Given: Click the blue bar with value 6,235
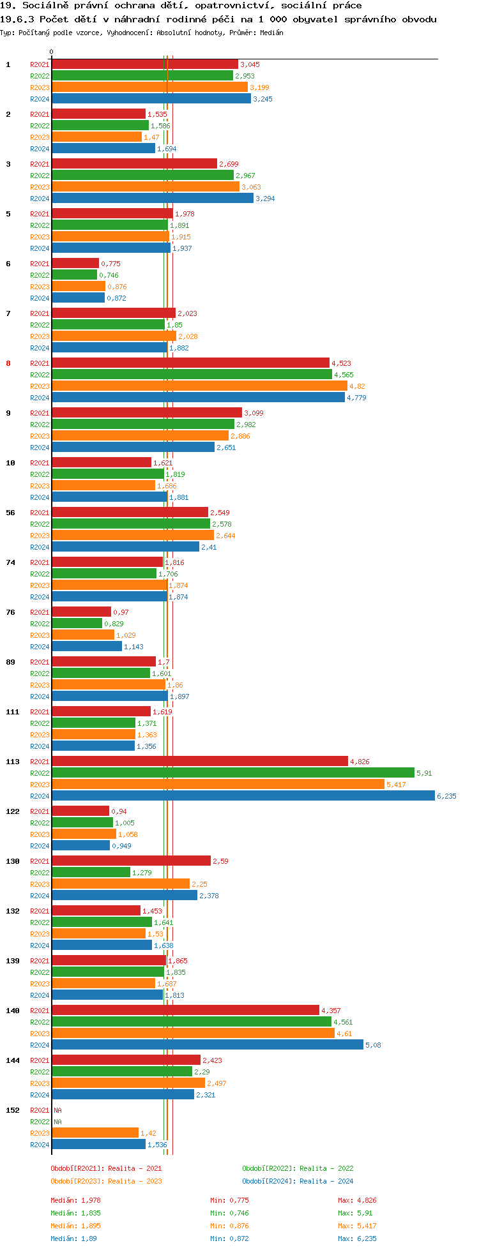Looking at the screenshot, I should (x=243, y=795).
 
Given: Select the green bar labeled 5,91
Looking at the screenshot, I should (x=232, y=772).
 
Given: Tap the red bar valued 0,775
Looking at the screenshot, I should (x=75, y=263).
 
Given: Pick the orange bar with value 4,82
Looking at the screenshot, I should (x=199, y=386).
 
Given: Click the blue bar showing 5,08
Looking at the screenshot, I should (x=208, y=1044).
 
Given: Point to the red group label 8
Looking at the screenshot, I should (x=8, y=363).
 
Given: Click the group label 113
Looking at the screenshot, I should (x=13, y=762).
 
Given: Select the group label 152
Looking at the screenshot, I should (x=13, y=1110).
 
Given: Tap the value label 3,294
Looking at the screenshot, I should (x=265, y=199).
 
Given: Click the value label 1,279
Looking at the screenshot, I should (x=142, y=873).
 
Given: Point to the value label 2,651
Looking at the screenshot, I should (x=226, y=448).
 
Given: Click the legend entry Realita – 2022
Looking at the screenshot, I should (x=298, y=1168).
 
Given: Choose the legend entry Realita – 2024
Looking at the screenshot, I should (x=298, y=1181).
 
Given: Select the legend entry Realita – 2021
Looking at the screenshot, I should (x=106, y=1168).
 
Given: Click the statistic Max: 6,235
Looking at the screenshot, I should (x=357, y=1239).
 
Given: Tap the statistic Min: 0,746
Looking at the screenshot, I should (x=229, y=1213).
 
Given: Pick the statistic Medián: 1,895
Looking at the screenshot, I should (x=75, y=1226).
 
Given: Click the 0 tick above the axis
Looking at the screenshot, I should (x=52, y=52).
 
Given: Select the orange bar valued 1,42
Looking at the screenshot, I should (x=95, y=1133).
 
